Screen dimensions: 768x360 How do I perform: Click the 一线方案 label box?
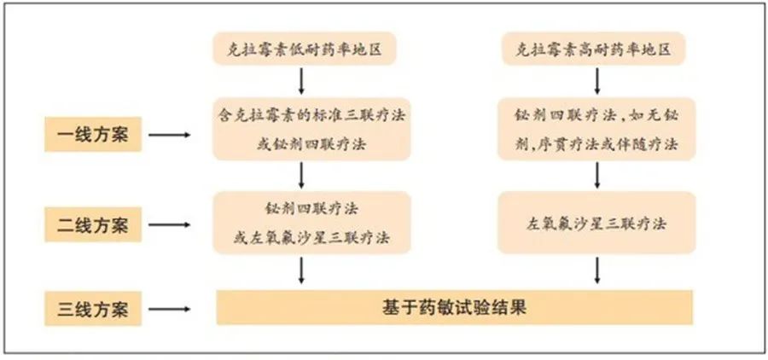point(93,134)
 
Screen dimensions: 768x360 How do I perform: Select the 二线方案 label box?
point(93,224)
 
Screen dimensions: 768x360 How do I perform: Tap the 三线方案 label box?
point(93,309)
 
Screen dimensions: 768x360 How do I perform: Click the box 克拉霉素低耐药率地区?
point(304,49)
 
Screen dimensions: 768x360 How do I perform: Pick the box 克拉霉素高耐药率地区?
point(594,49)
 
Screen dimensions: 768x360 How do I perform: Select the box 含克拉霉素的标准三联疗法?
point(311,129)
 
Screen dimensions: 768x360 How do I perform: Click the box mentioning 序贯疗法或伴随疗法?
point(596,129)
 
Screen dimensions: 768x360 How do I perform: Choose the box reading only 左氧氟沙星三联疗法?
point(596,223)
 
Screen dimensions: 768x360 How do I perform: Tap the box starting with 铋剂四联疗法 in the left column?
point(311,223)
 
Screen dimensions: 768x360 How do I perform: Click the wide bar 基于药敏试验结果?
point(455,308)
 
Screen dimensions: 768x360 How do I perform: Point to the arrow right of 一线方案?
point(170,135)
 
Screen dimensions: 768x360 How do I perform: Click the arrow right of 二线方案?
point(170,225)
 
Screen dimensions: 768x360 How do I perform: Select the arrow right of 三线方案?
point(170,309)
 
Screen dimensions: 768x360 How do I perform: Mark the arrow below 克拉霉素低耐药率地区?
point(301,81)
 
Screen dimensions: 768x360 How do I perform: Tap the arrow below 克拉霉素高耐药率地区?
point(597,81)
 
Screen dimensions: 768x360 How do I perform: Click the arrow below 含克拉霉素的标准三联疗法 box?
point(301,176)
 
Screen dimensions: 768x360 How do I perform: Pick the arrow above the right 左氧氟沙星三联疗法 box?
point(597,176)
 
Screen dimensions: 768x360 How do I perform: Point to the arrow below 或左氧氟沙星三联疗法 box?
point(301,270)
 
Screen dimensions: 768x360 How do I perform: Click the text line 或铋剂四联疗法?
point(311,146)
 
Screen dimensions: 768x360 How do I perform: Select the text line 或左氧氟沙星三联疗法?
point(311,239)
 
